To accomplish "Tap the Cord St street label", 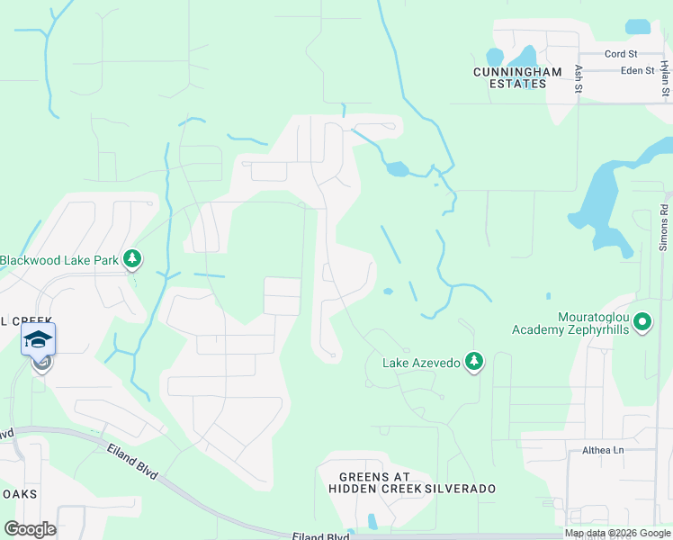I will pos(620,54).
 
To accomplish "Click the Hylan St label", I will pos(664,78).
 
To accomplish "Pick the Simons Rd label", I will pos(663,227).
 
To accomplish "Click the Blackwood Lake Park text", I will pos(59,260).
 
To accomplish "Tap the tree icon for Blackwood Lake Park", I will pos(132,260).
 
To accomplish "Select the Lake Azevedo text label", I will pos(421,363).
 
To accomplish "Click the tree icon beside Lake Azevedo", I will pos(474,362).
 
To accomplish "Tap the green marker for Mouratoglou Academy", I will pos(642,321).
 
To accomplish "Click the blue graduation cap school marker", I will pos(38,340).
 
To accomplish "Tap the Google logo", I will pos(30,529).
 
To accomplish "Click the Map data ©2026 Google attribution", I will pos(616,533).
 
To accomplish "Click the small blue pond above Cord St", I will pos(637,26).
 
